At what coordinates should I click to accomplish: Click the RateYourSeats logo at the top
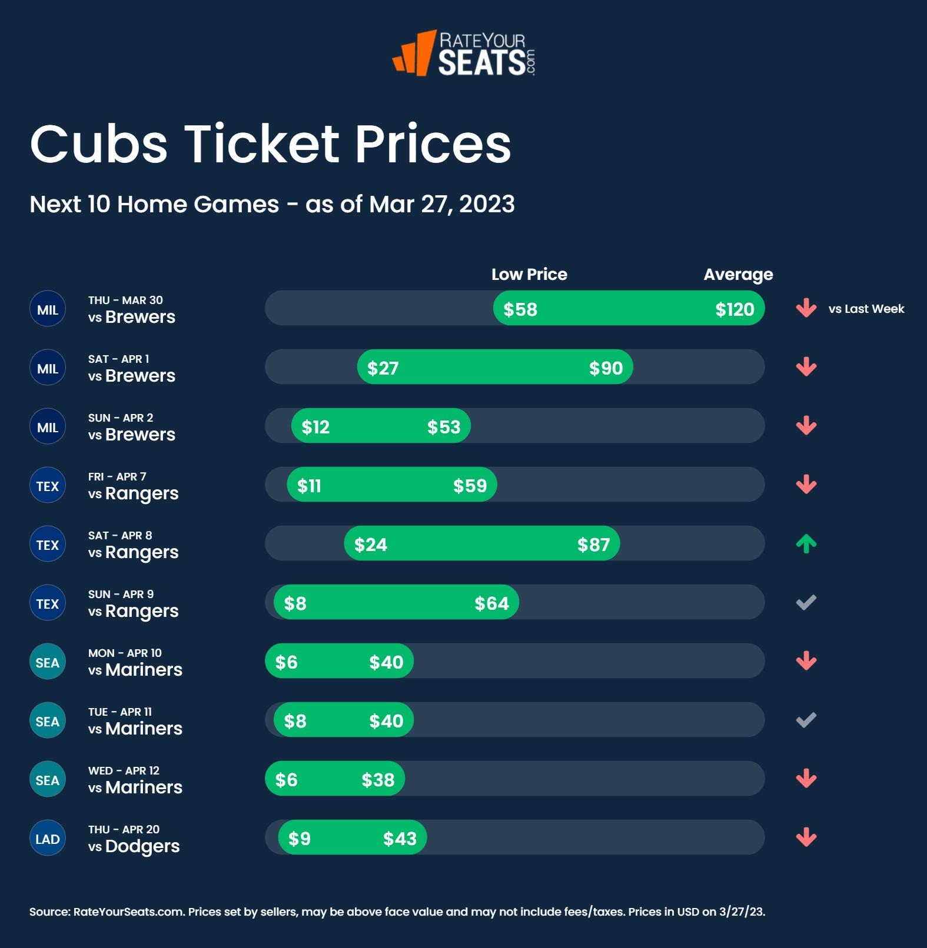coord(464,54)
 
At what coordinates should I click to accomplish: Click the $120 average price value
coord(735,309)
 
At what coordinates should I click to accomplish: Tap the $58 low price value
coord(520,309)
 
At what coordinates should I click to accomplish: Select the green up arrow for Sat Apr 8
coord(806,544)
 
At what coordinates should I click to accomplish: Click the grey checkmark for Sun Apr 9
coord(806,602)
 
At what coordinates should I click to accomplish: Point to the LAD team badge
coord(48,839)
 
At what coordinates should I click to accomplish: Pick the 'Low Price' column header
coord(529,275)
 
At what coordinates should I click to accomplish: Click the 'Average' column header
coord(738,275)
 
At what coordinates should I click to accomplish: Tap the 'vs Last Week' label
coord(866,309)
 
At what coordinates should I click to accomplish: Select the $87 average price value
coord(593,545)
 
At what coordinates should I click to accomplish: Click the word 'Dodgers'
coord(142,846)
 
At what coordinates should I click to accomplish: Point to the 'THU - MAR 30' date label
coord(125,300)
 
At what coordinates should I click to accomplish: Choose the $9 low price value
coord(300,839)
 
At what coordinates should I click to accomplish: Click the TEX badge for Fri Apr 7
coord(48,486)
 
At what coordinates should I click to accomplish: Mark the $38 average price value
coord(378,780)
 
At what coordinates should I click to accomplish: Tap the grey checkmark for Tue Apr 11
coord(806,720)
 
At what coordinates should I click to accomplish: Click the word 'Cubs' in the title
coord(99,145)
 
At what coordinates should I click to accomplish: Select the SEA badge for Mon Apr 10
coord(48,662)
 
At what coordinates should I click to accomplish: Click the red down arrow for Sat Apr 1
coord(806,367)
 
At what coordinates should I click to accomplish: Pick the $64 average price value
coord(491,603)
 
